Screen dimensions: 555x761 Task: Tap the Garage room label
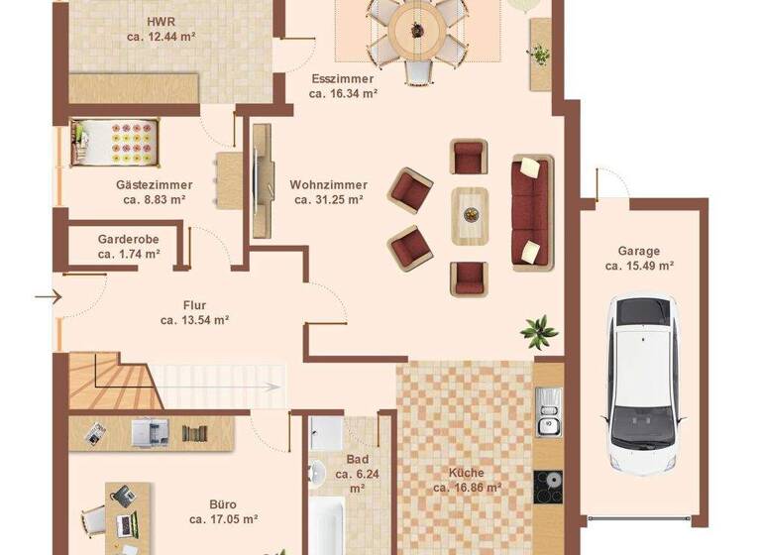click(x=638, y=251)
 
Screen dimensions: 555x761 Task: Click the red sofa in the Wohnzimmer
click(x=531, y=211)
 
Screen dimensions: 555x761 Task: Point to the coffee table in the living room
click(x=470, y=213)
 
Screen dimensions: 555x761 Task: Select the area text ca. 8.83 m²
click(x=155, y=199)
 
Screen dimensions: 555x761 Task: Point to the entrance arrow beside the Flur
click(x=47, y=295)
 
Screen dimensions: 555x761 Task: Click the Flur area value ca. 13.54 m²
click(x=194, y=320)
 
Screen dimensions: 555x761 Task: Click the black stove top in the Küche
click(x=548, y=487)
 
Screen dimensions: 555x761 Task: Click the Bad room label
click(x=358, y=460)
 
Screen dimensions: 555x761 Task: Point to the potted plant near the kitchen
click(x=539, y=332)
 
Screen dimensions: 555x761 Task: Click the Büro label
click(x=223, y=502)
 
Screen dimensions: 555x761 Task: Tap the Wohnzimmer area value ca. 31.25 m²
click(x=328, y=199)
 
